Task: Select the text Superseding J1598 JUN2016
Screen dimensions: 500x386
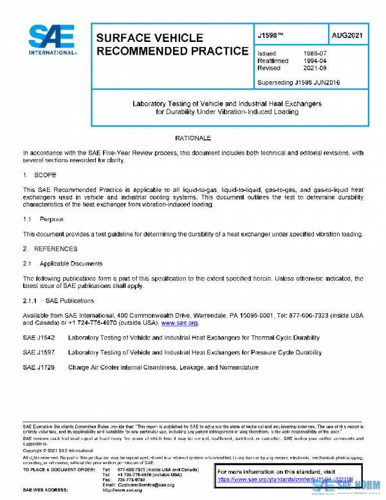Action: point(298,82)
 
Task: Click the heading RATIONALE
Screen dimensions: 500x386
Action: point(193,139)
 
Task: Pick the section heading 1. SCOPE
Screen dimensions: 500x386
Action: point(39,175)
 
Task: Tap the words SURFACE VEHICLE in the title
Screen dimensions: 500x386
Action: point(149,38)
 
